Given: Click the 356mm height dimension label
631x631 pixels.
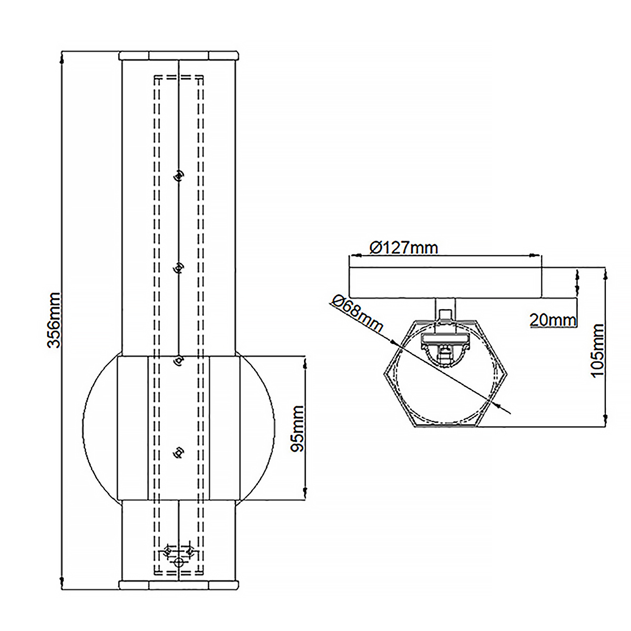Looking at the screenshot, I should pyautogui.click(x=54, y=320).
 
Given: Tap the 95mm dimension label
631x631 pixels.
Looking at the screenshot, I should pyautogui.click(x=297, y=428).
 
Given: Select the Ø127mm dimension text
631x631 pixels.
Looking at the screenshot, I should pyautogui.click(x=403, y=247).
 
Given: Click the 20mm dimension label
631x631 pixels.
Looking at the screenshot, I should pyautogui.click(x=553, y=319).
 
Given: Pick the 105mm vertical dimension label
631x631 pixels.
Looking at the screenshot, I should pyautogui.click(x=597, y=350).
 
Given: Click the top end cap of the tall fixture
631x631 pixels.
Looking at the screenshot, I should pyautogui.click(x=179, y=55).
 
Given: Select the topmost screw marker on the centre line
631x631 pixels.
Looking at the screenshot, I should pyautogui.click(x=179, y=176).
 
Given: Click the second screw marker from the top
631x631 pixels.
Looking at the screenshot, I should pyautogui.click(x=179, y=269).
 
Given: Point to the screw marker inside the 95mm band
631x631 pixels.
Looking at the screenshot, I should pyautogui.click(x=179, y=452).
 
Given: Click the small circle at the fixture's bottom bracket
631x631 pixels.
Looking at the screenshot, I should pyautogui.click(x=179, y=562).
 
